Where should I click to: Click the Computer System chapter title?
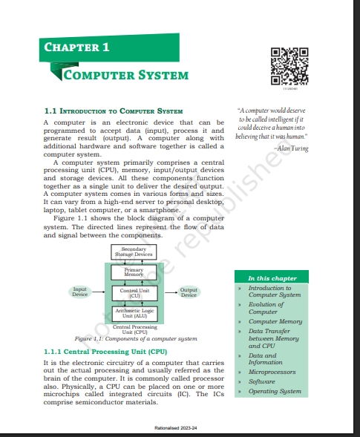pyautogui.click(x=125, y=75)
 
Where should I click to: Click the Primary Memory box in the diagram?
pyautogui.click(x=134, y=272)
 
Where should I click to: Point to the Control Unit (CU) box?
pyautogui.click(x=134, y=293)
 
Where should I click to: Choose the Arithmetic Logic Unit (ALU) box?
pyautogui.click(x=134, y=314)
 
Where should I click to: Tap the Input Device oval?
pyautogui.click(x=80, y=292)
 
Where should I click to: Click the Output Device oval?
pyautogui.click(x=189, y=292)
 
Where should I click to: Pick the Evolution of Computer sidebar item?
pyautogui.click(x=265, y=308)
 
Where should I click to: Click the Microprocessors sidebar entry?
pyautogui.click(x=272, y=372)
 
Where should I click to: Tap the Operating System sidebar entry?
pyautogui.click(x=274, y=390)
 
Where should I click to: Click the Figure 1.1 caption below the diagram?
pyautogui.click(x=130, y=338)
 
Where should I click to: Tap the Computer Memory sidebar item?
pyautogui.click(x=275, y=321)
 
